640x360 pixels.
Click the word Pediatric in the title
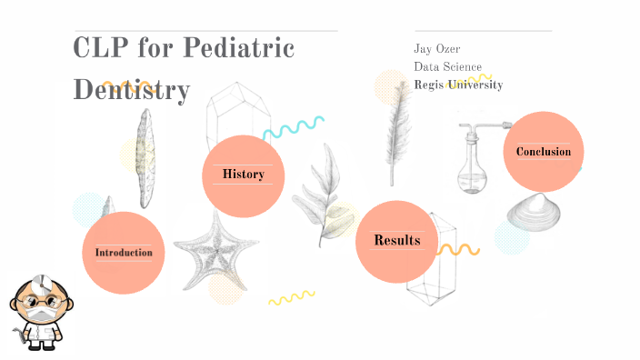[240, 47]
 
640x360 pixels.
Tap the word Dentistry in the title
[132, 89]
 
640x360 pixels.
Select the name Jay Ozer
[436, 48]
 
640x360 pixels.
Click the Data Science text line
[448, 66]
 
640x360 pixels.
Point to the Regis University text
[458, 85]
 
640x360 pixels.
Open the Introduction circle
[124, 253]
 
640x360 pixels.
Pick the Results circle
[396, 241]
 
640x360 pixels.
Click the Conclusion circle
[544, 152]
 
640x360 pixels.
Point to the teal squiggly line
[294, 127]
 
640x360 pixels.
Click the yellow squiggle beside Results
[456, 249]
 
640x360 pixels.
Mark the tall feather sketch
[396, 127]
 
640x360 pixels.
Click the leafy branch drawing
[321, 191]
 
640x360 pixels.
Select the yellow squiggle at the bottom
[291, 297]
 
